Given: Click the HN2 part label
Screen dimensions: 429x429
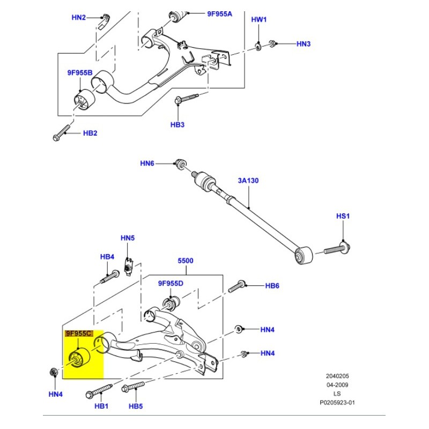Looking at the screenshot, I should coord(78,18).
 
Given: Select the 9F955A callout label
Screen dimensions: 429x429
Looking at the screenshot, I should coord(220,14).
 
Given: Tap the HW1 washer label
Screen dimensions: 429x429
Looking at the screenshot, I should coord(259,19).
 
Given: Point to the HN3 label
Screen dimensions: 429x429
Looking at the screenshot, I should coord(304,43).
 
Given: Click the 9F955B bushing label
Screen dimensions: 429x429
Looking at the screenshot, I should coord(79,72).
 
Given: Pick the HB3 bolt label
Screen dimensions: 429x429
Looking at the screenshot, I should coord(177,124).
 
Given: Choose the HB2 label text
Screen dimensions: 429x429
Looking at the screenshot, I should coord(90,133).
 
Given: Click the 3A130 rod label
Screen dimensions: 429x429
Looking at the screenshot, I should coord(248,181).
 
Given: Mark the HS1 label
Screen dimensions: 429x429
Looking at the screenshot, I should coord(343,216).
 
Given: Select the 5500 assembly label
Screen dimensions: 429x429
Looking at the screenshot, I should coord(186,261).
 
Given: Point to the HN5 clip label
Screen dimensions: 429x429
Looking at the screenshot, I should coord(128,238).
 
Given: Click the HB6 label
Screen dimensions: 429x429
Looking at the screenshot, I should coord(272,286).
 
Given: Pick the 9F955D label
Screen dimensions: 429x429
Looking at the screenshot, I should coord(171,283).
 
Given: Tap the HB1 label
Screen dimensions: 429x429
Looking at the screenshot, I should coord(102,406).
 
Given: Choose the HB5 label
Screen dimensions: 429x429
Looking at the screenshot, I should coord(136,406).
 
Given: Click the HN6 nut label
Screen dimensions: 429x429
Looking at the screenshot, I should coord(147,163).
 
